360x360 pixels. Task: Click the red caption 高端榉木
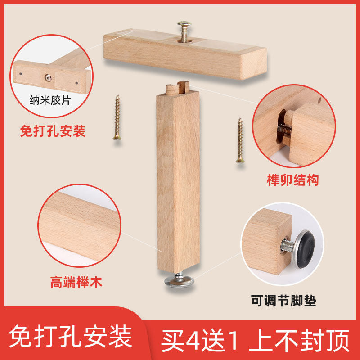tap(76, 283)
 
